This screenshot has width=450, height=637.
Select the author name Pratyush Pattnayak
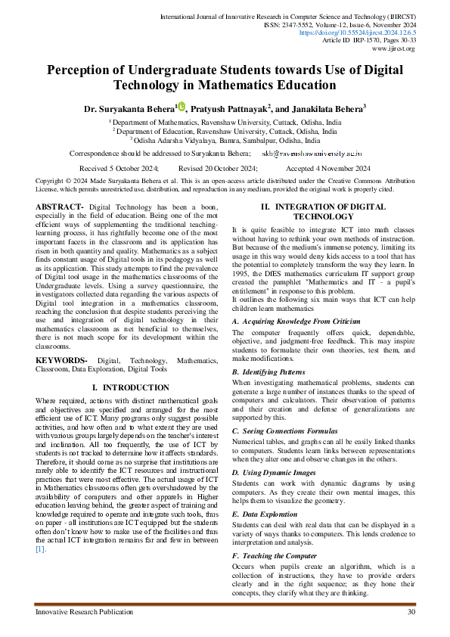point(233,109)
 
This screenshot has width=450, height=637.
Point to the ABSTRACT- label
point(60,207)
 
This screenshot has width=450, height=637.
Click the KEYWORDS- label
point(62,362)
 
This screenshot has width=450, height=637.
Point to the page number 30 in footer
point(411,611)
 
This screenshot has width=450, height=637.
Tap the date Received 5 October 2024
point(118,168)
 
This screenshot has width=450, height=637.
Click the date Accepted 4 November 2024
point(328,168)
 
